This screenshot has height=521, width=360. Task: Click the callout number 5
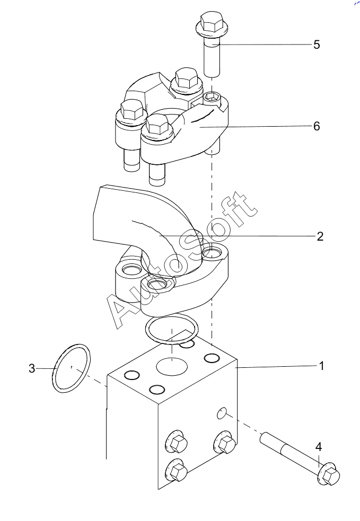pyautogui.click(x=317, y=45)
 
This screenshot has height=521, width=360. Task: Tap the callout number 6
pyautogui.click(x=317, y=126)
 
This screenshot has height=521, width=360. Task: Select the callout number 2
pyautogui.click(x=320, y=236)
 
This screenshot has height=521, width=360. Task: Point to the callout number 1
pyautogui.click(x=321, y=366)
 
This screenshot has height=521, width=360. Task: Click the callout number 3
pyautogui.click(x=32, y=368)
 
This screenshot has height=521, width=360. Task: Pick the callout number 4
pyautogui.click(x=319, y=447)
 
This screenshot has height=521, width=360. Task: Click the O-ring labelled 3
pyautogui.click(x=54, y=369)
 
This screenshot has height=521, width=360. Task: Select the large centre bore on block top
pyautogui.click(x=172, y=366)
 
